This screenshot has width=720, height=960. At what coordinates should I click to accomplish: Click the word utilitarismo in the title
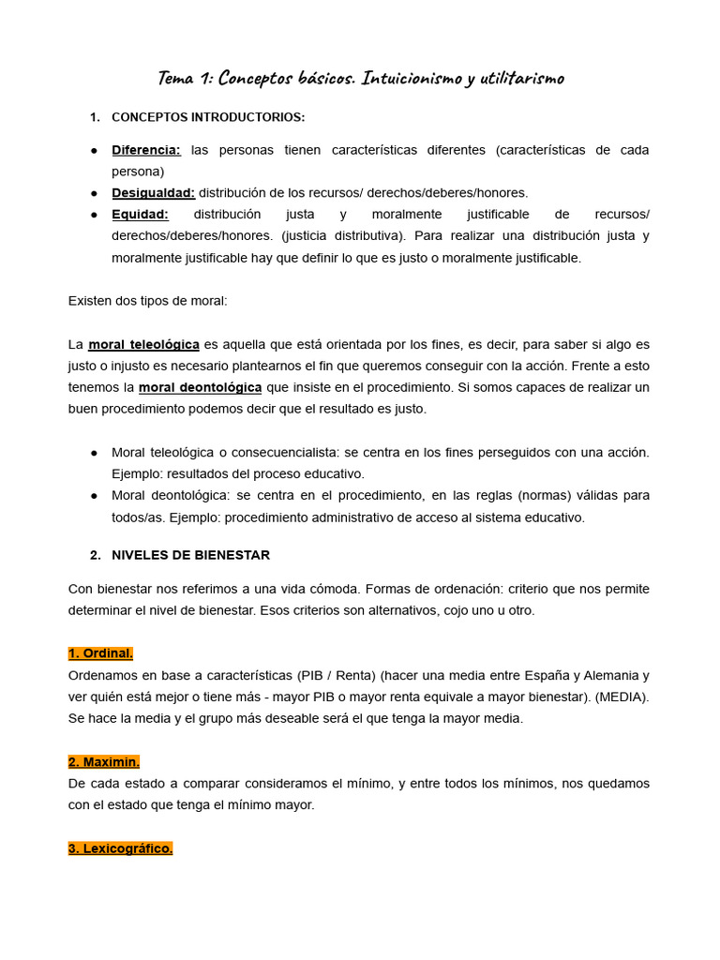tap(521, 78)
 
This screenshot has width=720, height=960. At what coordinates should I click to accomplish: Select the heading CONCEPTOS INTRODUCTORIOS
tap(208, 117)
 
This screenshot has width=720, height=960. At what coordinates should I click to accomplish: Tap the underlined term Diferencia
tap(146, 150)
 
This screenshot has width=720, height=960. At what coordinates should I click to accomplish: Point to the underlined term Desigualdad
tap(153, 193)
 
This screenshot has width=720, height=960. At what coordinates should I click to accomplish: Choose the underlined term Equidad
tap(140, 215)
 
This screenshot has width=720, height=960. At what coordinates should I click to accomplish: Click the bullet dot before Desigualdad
tap(95, 193)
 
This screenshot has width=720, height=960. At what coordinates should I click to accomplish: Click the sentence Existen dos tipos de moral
tap(147, 301)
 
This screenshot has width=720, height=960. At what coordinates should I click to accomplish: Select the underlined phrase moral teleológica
tap(143, 344)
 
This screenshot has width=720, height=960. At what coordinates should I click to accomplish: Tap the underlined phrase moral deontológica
tap(200, 387)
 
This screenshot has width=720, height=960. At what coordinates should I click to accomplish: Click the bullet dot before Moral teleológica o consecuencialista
tap(95, 453)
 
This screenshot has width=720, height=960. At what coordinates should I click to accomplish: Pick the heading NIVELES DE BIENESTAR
tap(190, 555)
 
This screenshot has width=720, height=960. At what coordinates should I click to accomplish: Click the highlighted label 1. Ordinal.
tap(100, 653)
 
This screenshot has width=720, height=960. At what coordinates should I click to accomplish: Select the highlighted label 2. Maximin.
tap(103, 761)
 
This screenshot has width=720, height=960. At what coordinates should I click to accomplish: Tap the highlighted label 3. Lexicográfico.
tap(120, 848)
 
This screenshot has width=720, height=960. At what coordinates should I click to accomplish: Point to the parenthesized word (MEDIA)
tap(622, 697)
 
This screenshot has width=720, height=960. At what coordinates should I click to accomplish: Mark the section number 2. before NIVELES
tap(96, 555)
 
